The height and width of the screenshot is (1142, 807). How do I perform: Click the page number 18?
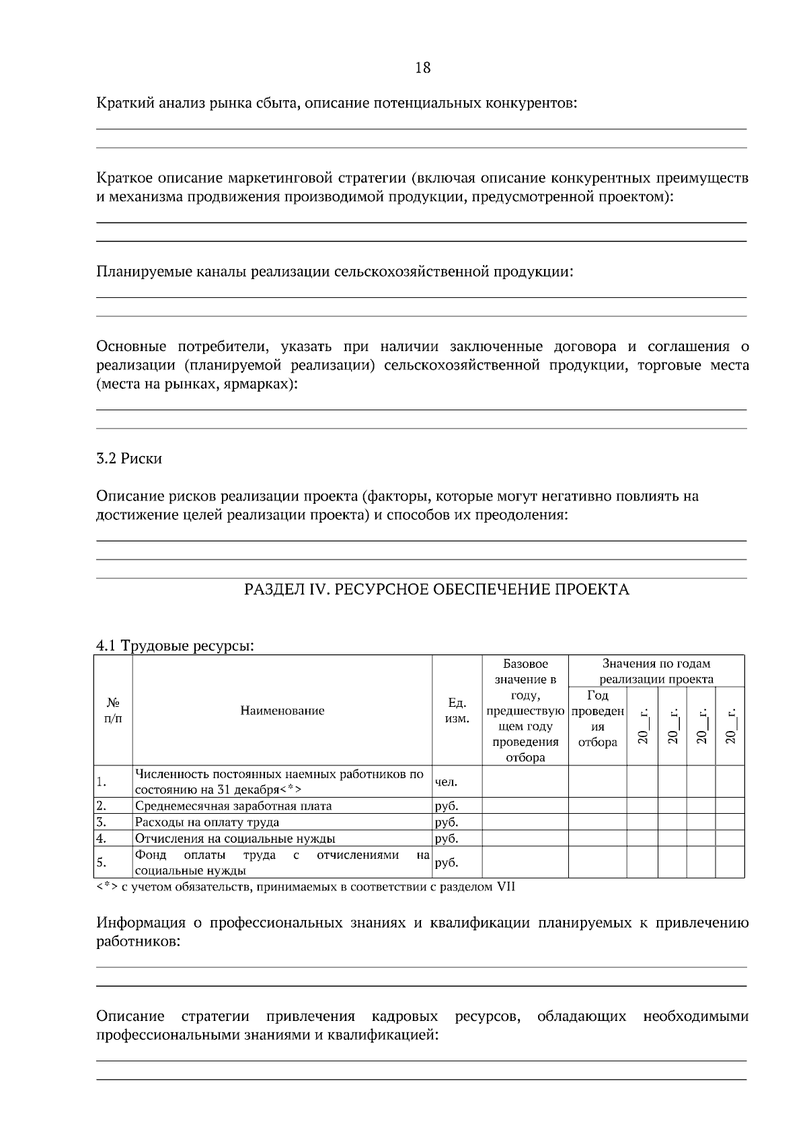point(423,67)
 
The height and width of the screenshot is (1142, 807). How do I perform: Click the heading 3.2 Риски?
point(129,459)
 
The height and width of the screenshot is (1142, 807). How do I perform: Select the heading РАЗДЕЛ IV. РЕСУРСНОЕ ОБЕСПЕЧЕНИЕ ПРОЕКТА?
point(436,590)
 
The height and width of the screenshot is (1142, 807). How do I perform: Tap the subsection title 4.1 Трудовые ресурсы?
point(175,646)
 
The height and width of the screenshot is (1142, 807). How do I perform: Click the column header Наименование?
point(282,710)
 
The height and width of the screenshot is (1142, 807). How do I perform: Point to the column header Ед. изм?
point(457,710)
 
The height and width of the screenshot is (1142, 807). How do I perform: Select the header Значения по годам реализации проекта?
point(656,671)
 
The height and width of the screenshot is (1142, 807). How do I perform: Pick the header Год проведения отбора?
point(597,718)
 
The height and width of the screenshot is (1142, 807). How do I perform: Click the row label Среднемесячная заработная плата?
point(233,806)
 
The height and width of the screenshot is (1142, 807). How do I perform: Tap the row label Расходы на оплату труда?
point(207,822)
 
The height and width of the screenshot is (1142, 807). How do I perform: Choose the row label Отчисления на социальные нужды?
point(235,838)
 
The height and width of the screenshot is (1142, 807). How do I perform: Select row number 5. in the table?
point(102,862)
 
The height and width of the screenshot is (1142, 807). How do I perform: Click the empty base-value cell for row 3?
point(525,822)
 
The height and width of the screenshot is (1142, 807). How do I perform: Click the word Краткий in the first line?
point(121,104)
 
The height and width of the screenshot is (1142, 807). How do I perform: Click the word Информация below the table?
point(141,923)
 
